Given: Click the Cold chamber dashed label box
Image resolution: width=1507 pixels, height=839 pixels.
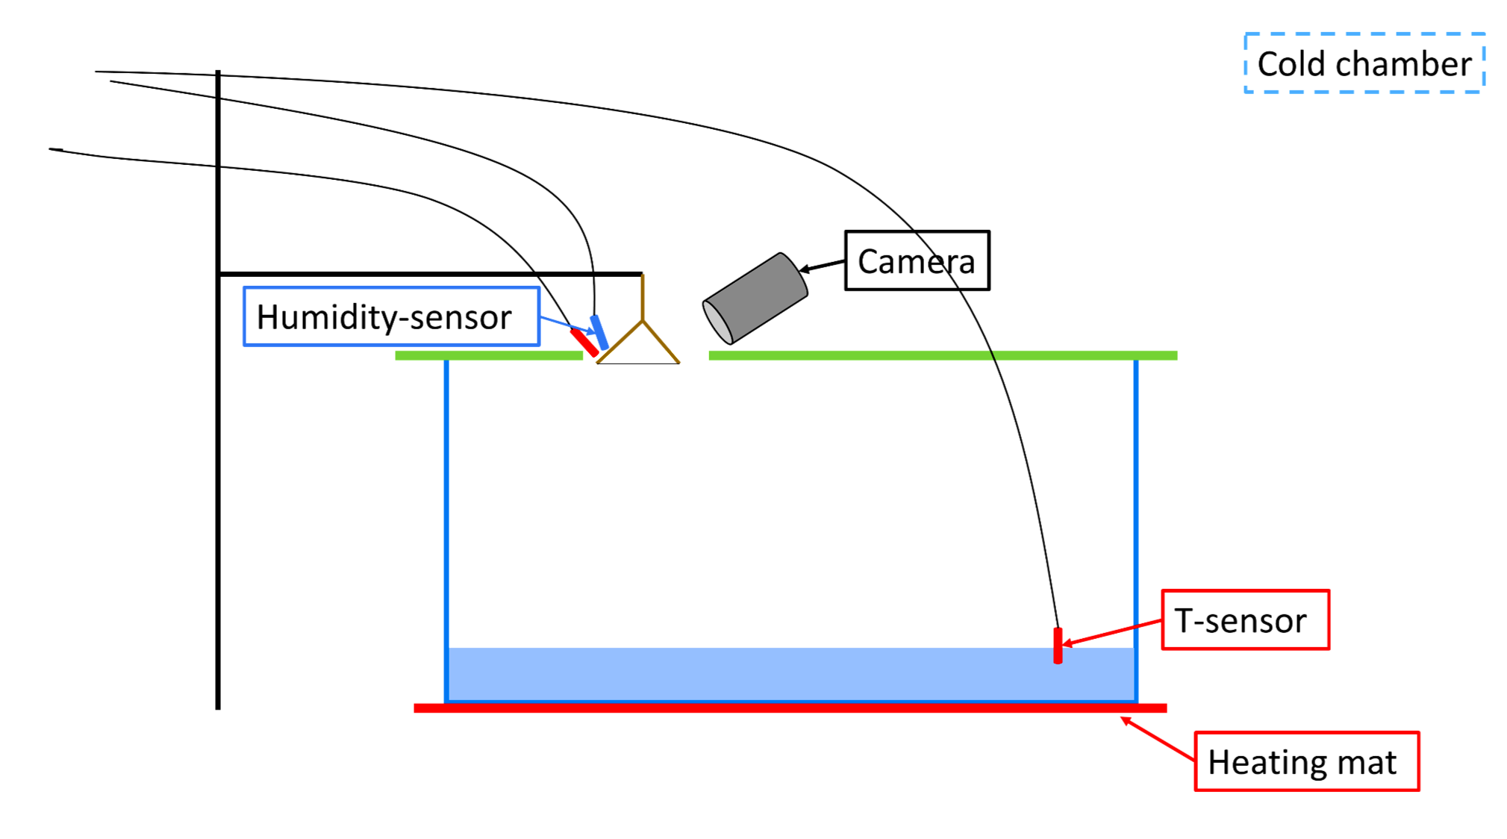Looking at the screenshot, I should [x=1364, y=63].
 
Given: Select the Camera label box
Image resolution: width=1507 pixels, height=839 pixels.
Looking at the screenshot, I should [x=917, y=261].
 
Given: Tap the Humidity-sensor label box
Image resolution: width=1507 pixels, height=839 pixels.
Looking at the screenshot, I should [x=391, y=316].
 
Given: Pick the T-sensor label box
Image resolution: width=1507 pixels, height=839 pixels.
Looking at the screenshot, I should [x=1245, y=620].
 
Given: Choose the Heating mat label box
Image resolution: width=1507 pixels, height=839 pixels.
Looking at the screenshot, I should [x=1306, y=761].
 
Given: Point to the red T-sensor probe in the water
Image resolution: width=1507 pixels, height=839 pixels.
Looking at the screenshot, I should [x=1058, y=646].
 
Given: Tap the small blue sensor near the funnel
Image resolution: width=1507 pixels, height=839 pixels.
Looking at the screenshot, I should [x=599, y=332].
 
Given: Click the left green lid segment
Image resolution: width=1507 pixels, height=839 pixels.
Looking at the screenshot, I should [x=489, y=356].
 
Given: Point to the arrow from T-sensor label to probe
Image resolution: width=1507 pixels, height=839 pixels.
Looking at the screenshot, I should [x=1112, y=631].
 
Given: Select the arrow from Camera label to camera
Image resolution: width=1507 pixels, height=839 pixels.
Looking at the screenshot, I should [x=823, y=266].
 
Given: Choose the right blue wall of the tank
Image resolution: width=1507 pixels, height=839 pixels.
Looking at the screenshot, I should [x=1136, y=523].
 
